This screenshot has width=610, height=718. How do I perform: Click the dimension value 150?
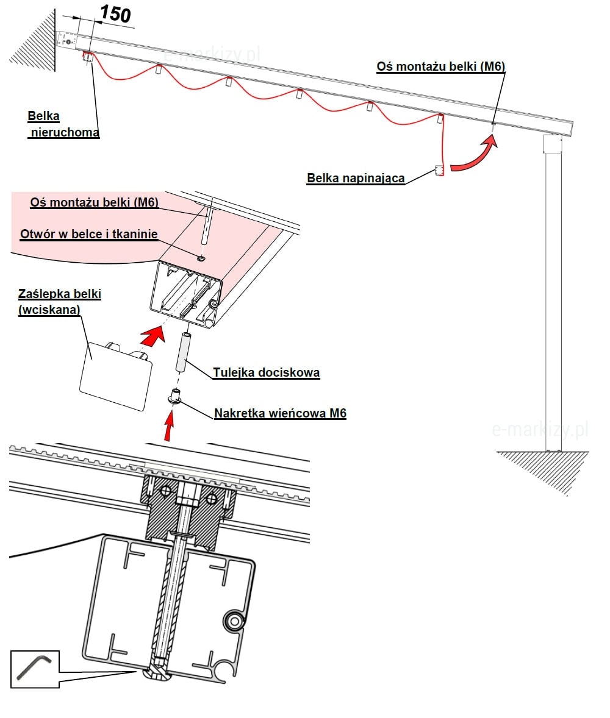115,13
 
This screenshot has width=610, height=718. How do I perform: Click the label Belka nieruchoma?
63,124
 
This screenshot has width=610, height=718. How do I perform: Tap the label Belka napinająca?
356,179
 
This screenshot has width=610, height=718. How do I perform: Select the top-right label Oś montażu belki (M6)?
441,66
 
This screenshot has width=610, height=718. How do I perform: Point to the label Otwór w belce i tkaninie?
89,234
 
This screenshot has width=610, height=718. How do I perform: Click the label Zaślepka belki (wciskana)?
59,302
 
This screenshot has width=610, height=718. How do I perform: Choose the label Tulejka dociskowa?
266,372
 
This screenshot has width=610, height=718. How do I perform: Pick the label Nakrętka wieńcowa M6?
280,414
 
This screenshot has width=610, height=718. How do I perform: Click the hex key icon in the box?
35,669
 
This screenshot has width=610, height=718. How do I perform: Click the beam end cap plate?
116,375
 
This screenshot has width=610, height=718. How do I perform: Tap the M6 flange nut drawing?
175,396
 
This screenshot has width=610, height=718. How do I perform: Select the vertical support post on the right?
553,293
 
